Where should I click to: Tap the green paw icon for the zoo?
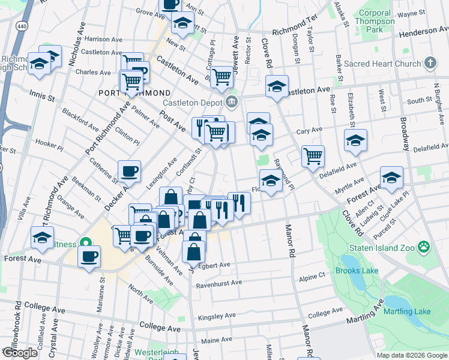pos(424,246)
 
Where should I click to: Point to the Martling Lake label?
pos(406,311)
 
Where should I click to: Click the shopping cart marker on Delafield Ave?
pos(313,157)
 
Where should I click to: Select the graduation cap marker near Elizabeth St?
pos(355,140)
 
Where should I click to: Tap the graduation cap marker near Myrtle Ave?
pos(391,178)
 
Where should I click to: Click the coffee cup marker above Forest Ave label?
pos(89,256)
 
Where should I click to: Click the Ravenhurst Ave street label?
pos(218,283)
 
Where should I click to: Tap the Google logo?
pos(20,353)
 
